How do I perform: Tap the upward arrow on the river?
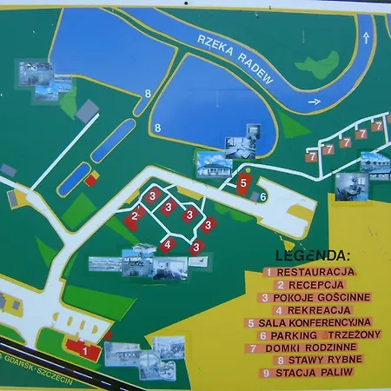click(366, 36)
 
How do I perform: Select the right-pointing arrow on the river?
click(315, 102)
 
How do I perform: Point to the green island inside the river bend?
click(321, 64)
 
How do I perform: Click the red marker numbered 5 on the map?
click(244, 183)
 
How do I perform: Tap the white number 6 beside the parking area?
click(262, 196)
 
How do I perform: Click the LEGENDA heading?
click(312, 255)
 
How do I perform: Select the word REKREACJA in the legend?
click(319, 309)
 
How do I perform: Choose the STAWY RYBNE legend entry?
click(322, 360)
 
